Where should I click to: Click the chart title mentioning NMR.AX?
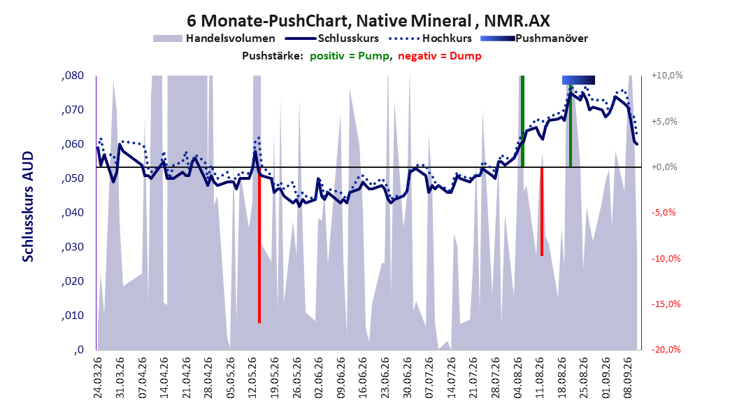point(368,21)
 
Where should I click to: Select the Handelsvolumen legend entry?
point(215,38)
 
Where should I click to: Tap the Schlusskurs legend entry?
point(332,38)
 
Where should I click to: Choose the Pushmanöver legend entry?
point(534,38)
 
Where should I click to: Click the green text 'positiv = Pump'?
point(350,56)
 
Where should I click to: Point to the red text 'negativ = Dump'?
point(440,56)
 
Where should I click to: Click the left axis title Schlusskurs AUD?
point(28,206)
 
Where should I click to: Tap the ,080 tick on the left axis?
point(73,76)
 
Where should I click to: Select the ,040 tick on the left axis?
point(73,213)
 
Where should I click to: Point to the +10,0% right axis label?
point(667,76)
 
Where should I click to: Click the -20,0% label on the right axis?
point(666,349)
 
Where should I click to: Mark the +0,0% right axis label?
point(664,167)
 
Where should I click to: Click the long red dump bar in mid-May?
point(259,245)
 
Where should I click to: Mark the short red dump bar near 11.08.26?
point(542,211)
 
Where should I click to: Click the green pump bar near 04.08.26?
point(522,121)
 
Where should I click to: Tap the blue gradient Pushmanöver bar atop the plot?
point(578,80)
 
